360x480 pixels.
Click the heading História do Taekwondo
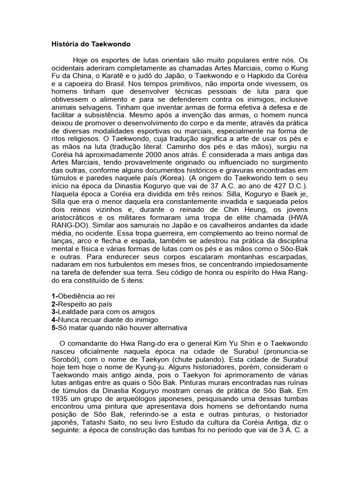(91, 45)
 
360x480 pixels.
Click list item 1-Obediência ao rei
(83, 296)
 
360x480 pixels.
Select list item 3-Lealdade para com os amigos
(103, 312)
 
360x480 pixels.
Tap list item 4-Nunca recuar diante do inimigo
(105, 320)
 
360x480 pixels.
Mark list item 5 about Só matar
(119, 328)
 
